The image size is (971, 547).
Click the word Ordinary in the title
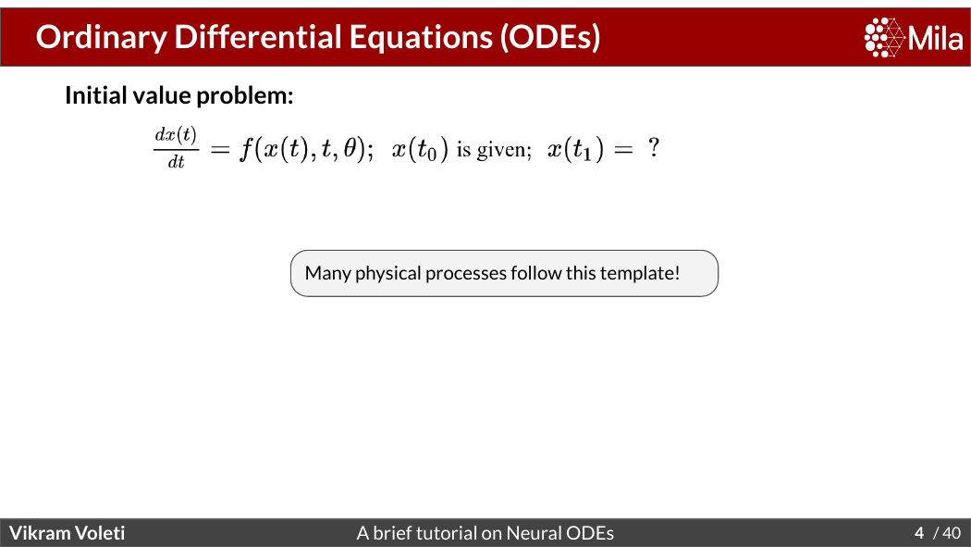(x=102, y=38)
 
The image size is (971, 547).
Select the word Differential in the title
(x=258, y=36)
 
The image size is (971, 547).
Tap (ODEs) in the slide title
(x=550, y=38)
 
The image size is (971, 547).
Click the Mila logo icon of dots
(x=884, y=38)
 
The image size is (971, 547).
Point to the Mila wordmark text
(x=936, y=38)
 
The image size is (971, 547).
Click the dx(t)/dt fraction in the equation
(x=177, y=148)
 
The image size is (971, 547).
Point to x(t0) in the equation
(x=420, y=149)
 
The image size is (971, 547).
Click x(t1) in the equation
(x=575, y=149)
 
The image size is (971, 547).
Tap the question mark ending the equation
(x=653, y=148)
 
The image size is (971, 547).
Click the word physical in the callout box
(x=387, y=273)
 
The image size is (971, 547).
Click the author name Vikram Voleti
(x=67, y=533)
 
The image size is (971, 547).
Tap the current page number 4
(x=919, y=533)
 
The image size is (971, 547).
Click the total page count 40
(x=952, y=533)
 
